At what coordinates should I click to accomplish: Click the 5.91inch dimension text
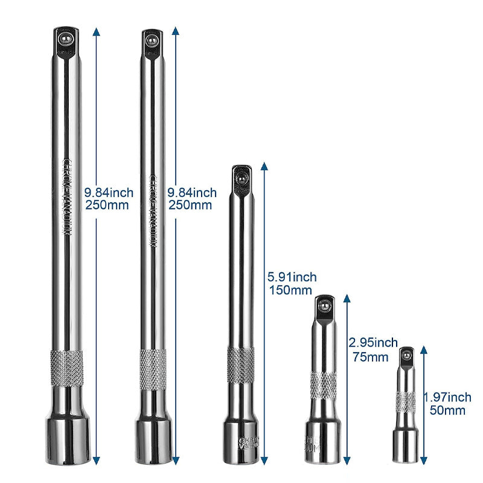292,277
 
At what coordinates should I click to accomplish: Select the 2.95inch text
373,344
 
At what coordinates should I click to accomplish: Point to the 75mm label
369,356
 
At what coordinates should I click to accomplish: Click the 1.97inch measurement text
447,397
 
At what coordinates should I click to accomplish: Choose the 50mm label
446,411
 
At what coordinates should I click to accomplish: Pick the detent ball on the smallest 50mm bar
406,355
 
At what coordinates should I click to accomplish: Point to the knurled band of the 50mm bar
406,401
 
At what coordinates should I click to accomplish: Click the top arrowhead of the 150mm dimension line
263,165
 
